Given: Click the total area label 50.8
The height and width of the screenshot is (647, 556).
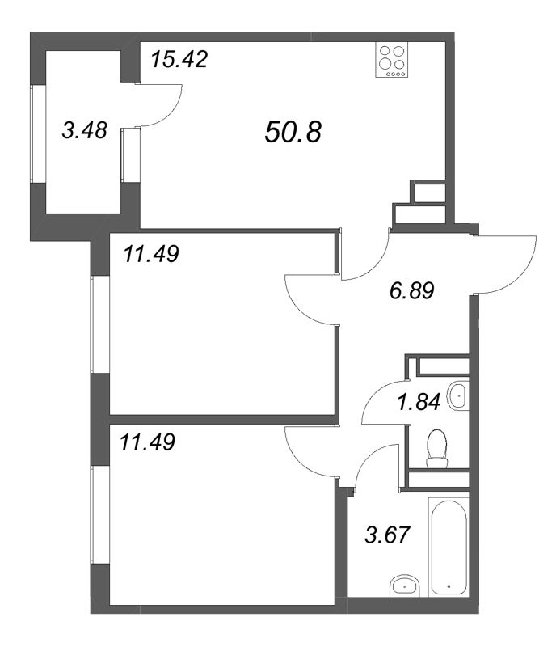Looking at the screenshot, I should pyautogui.click(x=293, y=132).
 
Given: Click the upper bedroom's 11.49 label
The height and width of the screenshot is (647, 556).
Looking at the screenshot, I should pyautogui.click(x=151, y=254).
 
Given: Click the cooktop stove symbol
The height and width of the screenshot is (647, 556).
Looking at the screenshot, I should pyautogui.click(x=393, y=60).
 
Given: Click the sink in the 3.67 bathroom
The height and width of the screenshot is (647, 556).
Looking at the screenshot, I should pyautogui.click(x=402, y=586).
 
